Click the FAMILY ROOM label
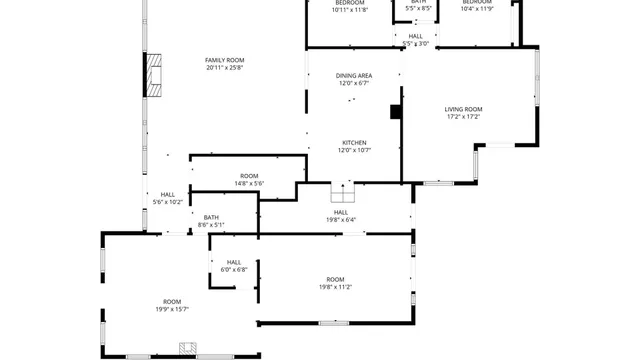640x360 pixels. pos(225,60)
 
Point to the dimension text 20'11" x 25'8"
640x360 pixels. pos(225,68)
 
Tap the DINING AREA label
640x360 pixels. pos(354,76)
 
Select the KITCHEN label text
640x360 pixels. pos(354,142)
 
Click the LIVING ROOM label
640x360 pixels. pos(464,109)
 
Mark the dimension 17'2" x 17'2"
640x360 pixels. pos(464,117)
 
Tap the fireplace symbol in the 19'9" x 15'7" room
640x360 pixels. pos(187,348)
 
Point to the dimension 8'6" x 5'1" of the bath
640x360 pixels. pos(211,225)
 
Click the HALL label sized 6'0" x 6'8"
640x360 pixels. pos(233,262)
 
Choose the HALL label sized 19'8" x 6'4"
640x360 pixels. pos(340,212)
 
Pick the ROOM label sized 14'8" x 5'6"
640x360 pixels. pos(249,176)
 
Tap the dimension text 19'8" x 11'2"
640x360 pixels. pos(335,287)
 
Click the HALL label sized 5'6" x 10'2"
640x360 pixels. pos(168,195)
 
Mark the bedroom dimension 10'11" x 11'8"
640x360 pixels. pos(350,10)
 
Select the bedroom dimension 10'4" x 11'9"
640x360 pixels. pos(477,10)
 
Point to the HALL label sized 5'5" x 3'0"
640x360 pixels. pos(415,36)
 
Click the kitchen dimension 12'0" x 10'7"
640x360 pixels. pos(354,150)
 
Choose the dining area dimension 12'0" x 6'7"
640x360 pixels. pos(354,84)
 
